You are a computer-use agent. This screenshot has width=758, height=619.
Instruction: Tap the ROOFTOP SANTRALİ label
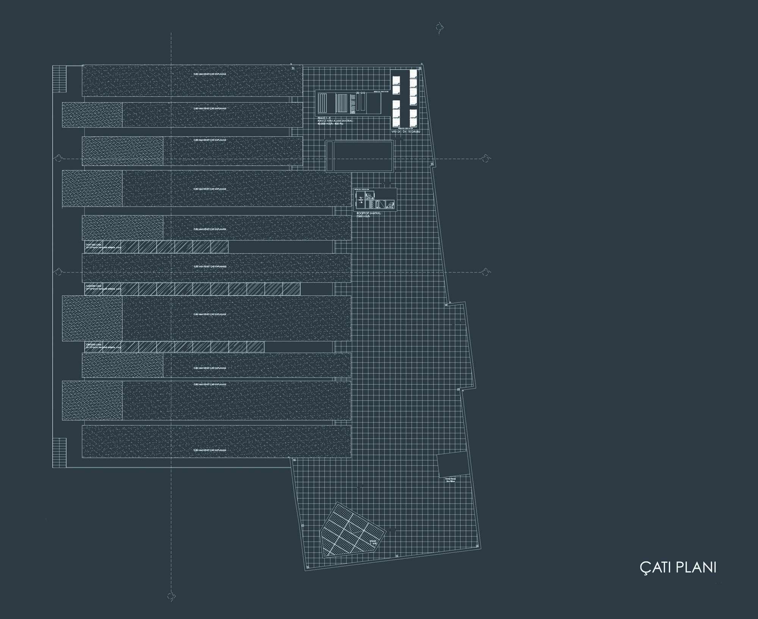click(368, 213)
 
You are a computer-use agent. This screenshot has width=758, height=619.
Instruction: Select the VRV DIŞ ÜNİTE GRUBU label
click(406, 131)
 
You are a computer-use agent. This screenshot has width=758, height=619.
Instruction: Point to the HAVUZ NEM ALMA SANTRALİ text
click(336, 120)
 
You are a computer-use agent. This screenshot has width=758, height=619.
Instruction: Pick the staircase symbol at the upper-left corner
click(60, 78)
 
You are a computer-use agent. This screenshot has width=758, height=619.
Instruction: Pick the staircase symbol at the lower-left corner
click(60, 452)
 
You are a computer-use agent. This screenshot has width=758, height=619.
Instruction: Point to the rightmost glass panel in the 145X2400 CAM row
click(291, 289)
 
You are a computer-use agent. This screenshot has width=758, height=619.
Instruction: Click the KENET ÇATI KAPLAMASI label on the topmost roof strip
click(210, 74)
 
